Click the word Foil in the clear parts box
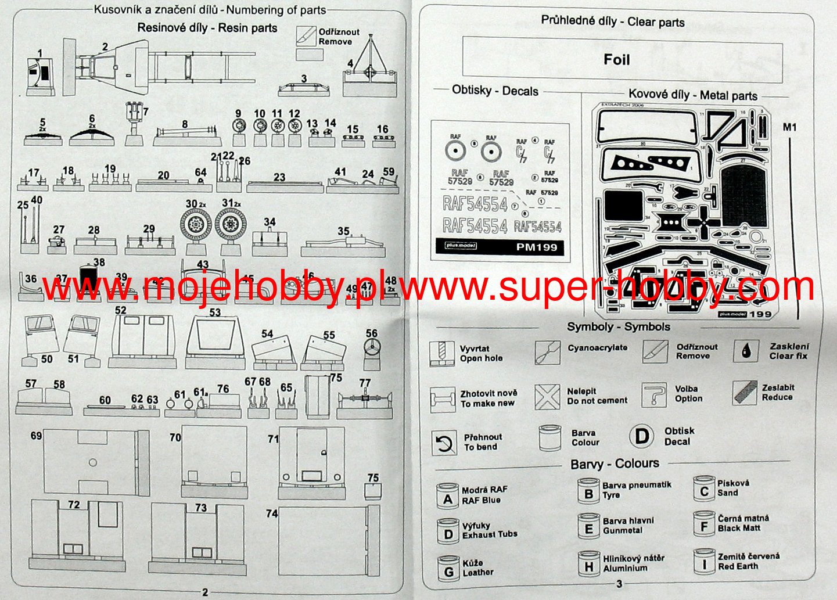pos(616,60)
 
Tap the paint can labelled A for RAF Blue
pos(448,497)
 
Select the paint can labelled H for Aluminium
pos(588,564)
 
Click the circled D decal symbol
pos(641,436)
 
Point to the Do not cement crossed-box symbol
pos(547,397)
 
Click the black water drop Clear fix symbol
pos(746,351)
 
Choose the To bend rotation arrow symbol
pos(444,444)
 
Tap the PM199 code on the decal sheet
pos(536,247)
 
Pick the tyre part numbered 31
pos(231,224)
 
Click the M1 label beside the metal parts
pos(789,127)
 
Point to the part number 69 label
pos(36,436)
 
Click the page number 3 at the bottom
pos(619,584)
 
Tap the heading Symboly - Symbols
pos(618,327)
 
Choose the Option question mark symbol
pos(655,395)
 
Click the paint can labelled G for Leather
pos(448,567)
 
